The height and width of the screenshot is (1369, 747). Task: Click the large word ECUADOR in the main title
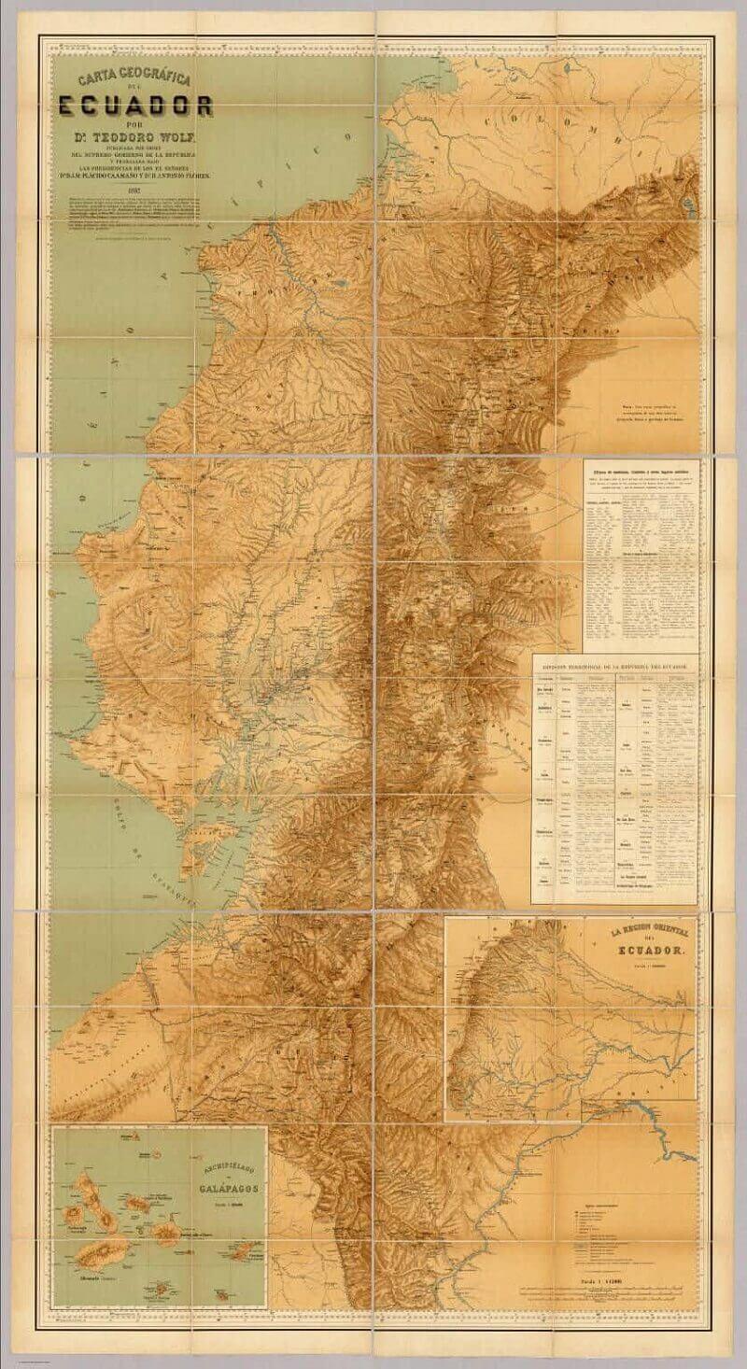(140, 104)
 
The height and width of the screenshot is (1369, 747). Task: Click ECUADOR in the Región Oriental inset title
(638, 950)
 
